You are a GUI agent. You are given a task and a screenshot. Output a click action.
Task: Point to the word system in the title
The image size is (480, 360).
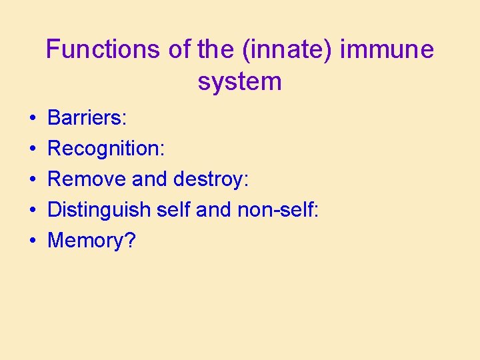click(240, 81)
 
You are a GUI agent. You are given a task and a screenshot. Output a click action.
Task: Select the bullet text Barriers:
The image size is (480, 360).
click(87, 118)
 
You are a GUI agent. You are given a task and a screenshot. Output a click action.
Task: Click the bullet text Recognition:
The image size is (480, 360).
click(106, 149)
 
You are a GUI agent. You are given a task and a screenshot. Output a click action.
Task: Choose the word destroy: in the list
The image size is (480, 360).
click(211, 179)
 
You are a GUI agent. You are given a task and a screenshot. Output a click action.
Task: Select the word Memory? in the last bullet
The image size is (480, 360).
click(91, 241)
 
